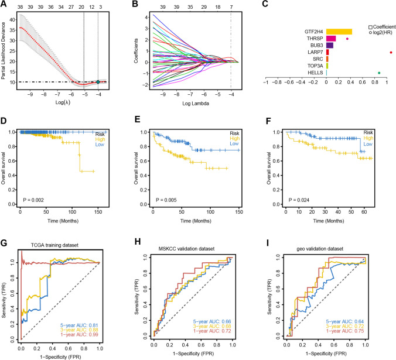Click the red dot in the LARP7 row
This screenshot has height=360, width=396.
point(391,52)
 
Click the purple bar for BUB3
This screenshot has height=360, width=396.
point(330,45)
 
